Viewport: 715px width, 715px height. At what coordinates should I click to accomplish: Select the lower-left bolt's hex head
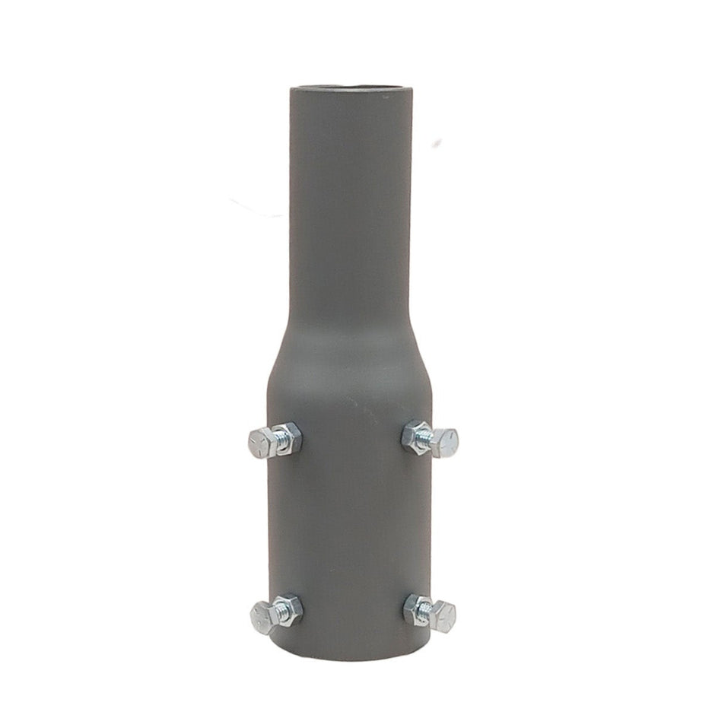pyautogui.click(x=262, y=612)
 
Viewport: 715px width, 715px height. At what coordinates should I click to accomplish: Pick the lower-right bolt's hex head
pyautogui.click(x=443, y=613)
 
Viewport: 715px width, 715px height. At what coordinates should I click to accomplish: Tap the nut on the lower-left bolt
pyautogui.click(x=290, y=608)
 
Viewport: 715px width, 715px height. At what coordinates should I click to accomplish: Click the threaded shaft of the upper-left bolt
pyautogui.click(x=278, y=439)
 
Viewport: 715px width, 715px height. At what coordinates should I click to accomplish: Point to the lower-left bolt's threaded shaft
pyautogui.click(x=278, y=609)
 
